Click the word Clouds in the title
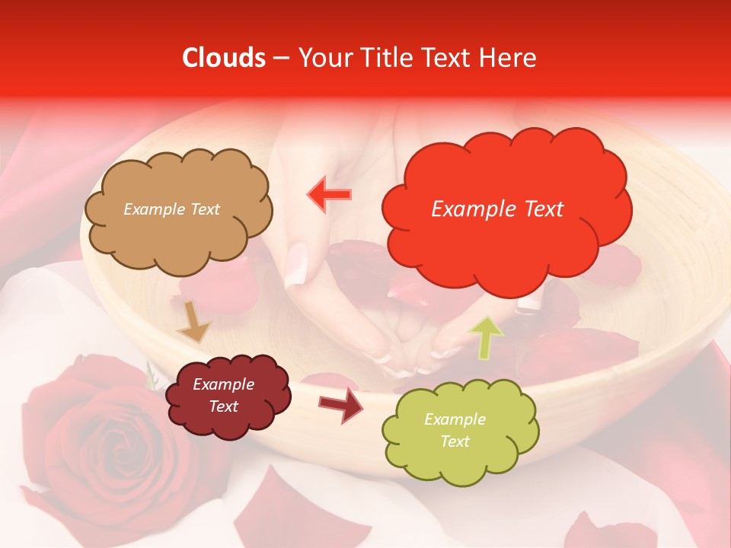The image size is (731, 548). coord(225,58)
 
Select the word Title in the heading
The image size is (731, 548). coord(391,58)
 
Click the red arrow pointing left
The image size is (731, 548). coord(329,195)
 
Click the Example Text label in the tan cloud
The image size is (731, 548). coord(171,209)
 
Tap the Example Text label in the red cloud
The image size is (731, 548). coord(497,209)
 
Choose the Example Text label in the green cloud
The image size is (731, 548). coord(455,431)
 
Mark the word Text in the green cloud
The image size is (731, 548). coord(455,441)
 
